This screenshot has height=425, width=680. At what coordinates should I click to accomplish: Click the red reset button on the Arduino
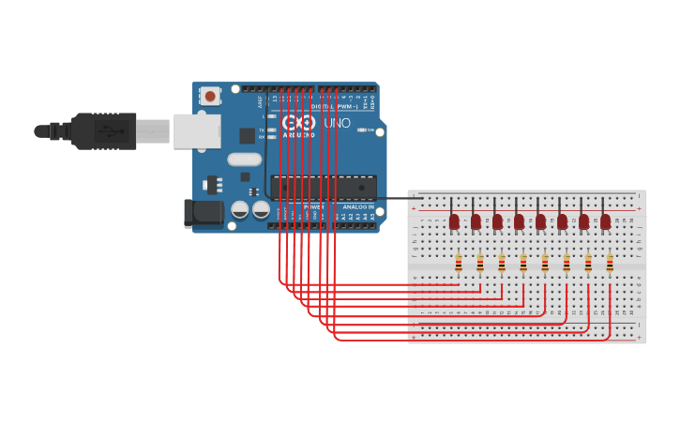[210, 96]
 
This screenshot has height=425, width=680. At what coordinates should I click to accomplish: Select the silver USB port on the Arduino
[196, 131]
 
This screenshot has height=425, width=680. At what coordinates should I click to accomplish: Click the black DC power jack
[204, 214]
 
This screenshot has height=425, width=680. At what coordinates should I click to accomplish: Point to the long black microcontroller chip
[324, 187]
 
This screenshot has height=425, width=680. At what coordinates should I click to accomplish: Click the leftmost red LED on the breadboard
[454, 221]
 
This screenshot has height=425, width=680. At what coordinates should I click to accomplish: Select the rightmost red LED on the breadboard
[606, 221]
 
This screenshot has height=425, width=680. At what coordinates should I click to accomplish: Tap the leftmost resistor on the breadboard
[459, 264]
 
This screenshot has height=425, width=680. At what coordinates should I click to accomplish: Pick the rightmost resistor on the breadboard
[610, 264]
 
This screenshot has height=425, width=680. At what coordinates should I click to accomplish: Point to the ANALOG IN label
[357, 205]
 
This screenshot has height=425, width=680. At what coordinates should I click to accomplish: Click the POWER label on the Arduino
[312, 205]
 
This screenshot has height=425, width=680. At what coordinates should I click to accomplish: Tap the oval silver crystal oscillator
[244, 159]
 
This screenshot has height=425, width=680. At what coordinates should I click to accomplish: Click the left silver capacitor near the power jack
[239, 209]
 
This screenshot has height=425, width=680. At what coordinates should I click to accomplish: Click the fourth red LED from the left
[519, 221]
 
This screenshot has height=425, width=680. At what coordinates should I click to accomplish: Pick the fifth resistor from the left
[545, 264]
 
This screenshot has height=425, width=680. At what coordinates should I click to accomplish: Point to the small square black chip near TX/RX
[247, 135]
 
